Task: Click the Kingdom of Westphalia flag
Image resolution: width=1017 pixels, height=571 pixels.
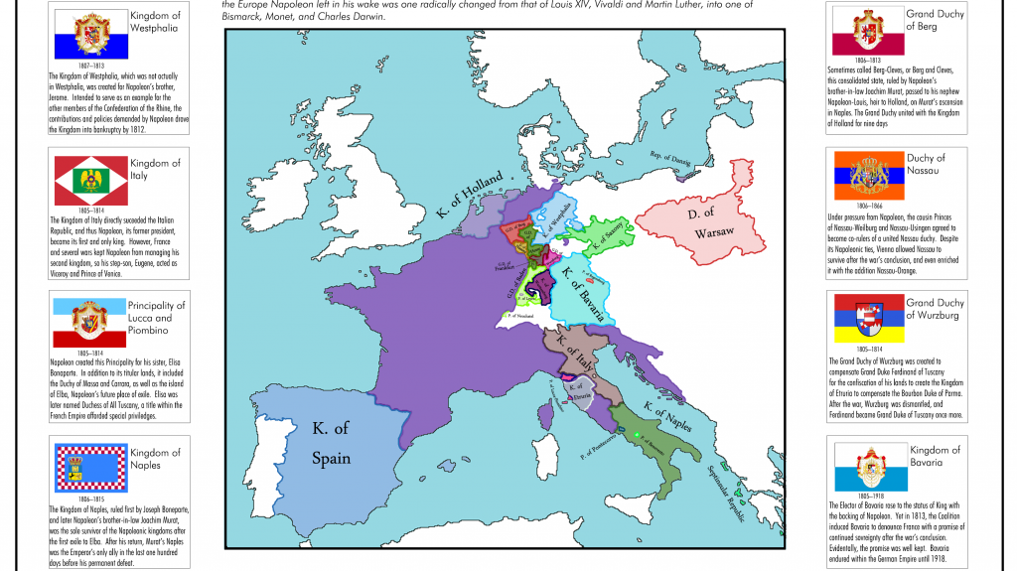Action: click(x=89, y=34)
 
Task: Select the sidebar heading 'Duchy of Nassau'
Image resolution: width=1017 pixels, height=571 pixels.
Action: click(x=926, y=164)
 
